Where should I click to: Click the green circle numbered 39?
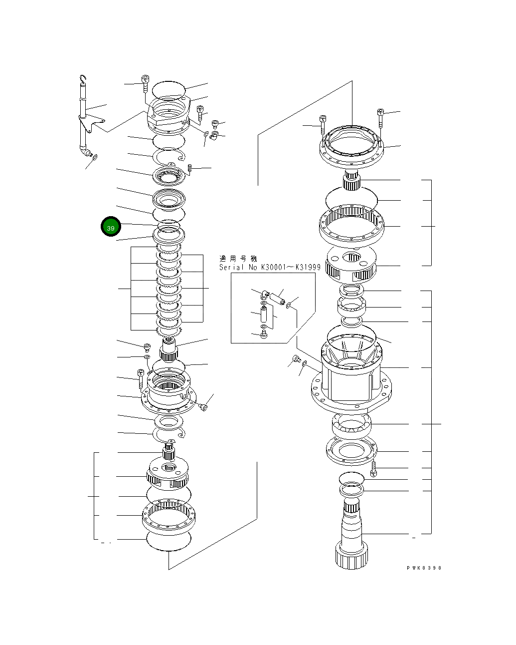[111, 228]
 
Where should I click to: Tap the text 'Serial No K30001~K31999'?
[270, 268]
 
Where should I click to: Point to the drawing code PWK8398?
[423, 568]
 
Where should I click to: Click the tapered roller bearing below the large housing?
[351, 425]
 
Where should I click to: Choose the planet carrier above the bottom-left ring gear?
[168, 473]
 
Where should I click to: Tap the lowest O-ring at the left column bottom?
[169, 541]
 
